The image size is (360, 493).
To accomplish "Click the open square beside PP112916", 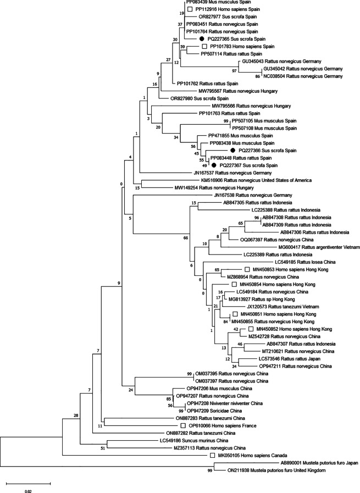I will (190, 9).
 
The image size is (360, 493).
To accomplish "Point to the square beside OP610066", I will (183, 426).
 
